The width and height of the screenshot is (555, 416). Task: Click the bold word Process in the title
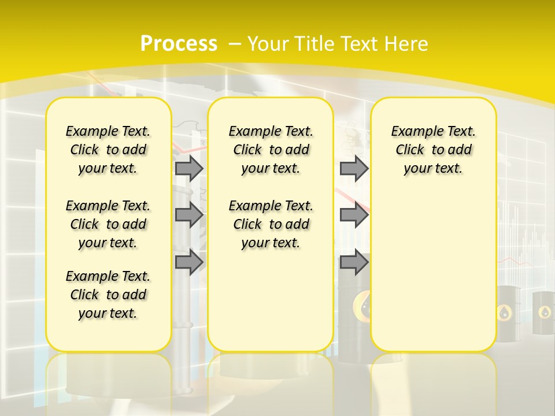point(179,44)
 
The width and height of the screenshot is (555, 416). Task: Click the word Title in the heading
point(316,44)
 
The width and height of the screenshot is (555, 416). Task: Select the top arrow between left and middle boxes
point(188,168)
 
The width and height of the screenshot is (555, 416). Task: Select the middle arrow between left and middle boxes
point(188,215)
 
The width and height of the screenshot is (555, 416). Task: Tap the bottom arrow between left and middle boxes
point(188,262)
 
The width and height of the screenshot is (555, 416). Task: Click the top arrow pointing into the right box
point(354,168)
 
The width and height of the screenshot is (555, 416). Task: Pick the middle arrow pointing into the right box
point(354,215)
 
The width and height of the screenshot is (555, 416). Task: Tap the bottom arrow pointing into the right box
point(354,262)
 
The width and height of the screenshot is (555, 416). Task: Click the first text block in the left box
point(108,150)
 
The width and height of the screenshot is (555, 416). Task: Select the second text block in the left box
point(108,224)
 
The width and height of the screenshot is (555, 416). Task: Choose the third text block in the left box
point(108,295)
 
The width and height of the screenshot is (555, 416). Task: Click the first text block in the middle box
point(271,150)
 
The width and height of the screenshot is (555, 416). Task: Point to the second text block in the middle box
point(271,224)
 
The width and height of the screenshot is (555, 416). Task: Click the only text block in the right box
point(433,150)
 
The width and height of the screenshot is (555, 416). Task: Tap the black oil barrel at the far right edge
point(544,315)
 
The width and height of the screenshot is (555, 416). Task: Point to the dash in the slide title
point(234,44)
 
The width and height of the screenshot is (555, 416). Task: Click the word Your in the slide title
point(268,44)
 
